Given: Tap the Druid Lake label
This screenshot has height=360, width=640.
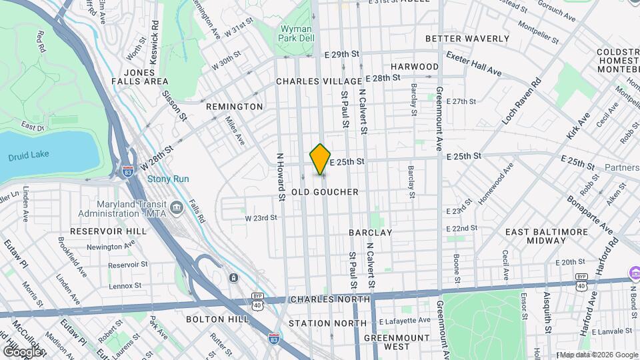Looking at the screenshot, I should [x=25, y=157].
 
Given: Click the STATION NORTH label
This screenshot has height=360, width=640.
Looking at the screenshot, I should [x=327, y=323].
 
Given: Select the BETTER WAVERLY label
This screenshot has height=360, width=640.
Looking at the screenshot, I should [x=467, y=39].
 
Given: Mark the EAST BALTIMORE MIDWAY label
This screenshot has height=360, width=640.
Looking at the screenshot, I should [x=546, y=235].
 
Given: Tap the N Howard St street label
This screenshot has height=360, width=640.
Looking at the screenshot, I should [x=281, y=175].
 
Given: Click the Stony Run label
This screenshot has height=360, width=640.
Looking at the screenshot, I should [x=168, y=179].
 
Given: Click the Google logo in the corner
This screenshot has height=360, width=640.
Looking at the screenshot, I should [x=21, y=351].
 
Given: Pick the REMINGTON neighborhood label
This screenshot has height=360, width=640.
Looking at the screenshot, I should [x=234, y=107].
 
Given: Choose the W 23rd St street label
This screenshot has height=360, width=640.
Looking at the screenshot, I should [x=261, y=218].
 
